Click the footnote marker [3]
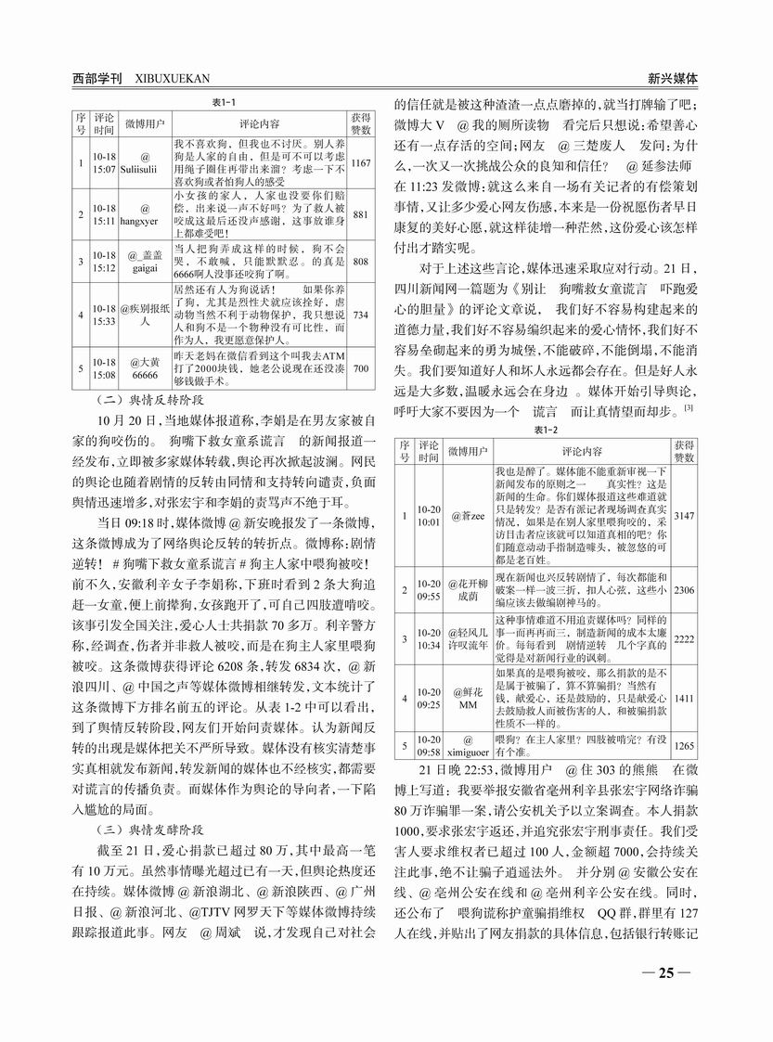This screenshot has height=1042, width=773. click(689, 408)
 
